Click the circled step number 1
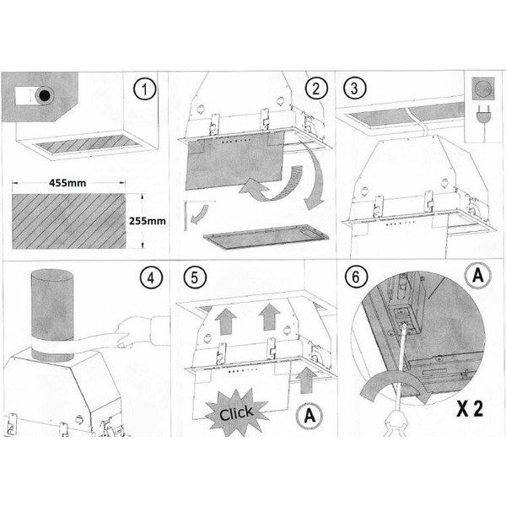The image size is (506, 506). click(144, 89)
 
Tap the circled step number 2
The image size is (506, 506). click(316, 89)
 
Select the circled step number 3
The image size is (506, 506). click(354, 88)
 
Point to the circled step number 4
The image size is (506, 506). click(151, 278)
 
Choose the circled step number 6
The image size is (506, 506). click(356, 277)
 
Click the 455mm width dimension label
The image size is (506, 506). click(67, 183)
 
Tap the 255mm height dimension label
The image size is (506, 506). click(148, 221)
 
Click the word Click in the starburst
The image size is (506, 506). click(236, 413)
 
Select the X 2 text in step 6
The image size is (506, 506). click(470, 409)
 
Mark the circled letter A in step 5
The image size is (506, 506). click(310, 416)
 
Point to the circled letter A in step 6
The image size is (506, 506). click(477, 276)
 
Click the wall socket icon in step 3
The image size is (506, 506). click(483, 89)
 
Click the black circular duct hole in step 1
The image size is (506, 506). click(45, 95)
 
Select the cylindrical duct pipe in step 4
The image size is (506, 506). click(52, 315)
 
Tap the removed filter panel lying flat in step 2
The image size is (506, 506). click(266, 236)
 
